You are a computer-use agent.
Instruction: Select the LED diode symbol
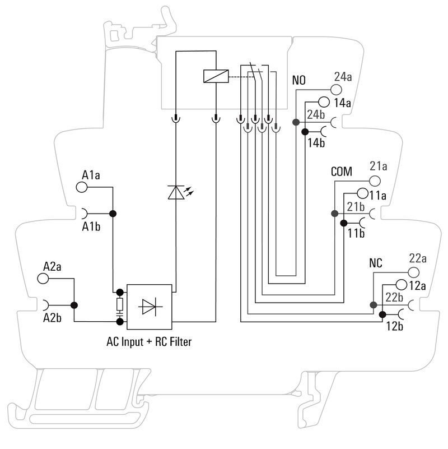tap(176, 192)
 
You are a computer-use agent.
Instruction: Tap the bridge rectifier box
tap(150, 307)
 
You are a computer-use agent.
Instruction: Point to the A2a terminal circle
tap(43, 278)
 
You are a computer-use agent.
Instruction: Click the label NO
tap(299, 80)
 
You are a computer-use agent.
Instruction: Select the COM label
tap(341, 172)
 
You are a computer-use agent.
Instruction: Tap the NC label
tap(376, 263)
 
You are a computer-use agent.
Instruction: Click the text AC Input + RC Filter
tap(149, 341)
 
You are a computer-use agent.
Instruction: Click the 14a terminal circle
tap(324, 102)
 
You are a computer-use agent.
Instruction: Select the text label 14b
tap(316, 143)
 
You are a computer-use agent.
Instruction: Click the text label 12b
tap(395, 326)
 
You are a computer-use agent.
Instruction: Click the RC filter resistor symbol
tap(119, 306)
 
